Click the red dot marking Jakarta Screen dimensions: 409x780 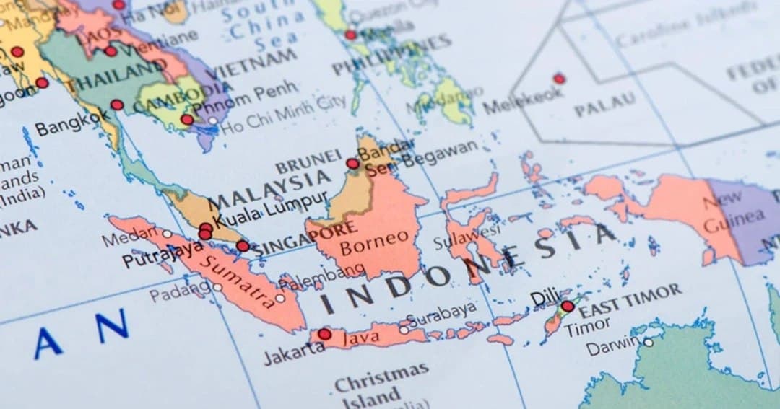coord(324,334)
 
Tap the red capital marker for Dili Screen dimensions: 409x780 coord(568,307)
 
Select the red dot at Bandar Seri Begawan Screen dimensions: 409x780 coord(352,164)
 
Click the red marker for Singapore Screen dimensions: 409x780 coord(243,246)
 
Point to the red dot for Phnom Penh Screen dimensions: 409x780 coord(187,119)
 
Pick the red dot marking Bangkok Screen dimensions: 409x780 coord(117,105)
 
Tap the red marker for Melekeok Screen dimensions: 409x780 coord(558,79)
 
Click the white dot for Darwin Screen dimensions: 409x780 coord(648,343)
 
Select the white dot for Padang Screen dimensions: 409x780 coord(217,287)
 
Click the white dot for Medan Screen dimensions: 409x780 coord(168,234)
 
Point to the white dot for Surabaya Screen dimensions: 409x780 coord(404,330)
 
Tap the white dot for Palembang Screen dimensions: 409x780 coord(280,297)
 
